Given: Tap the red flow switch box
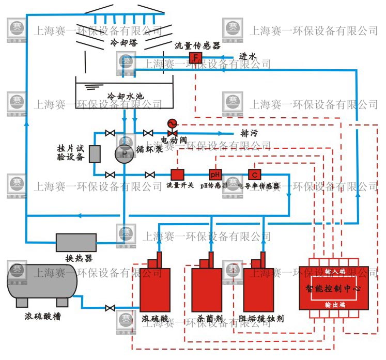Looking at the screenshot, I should tap(177, 175).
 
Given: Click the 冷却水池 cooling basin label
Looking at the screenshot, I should tap(124, 97).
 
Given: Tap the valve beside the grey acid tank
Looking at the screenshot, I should tap(110, 308).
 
